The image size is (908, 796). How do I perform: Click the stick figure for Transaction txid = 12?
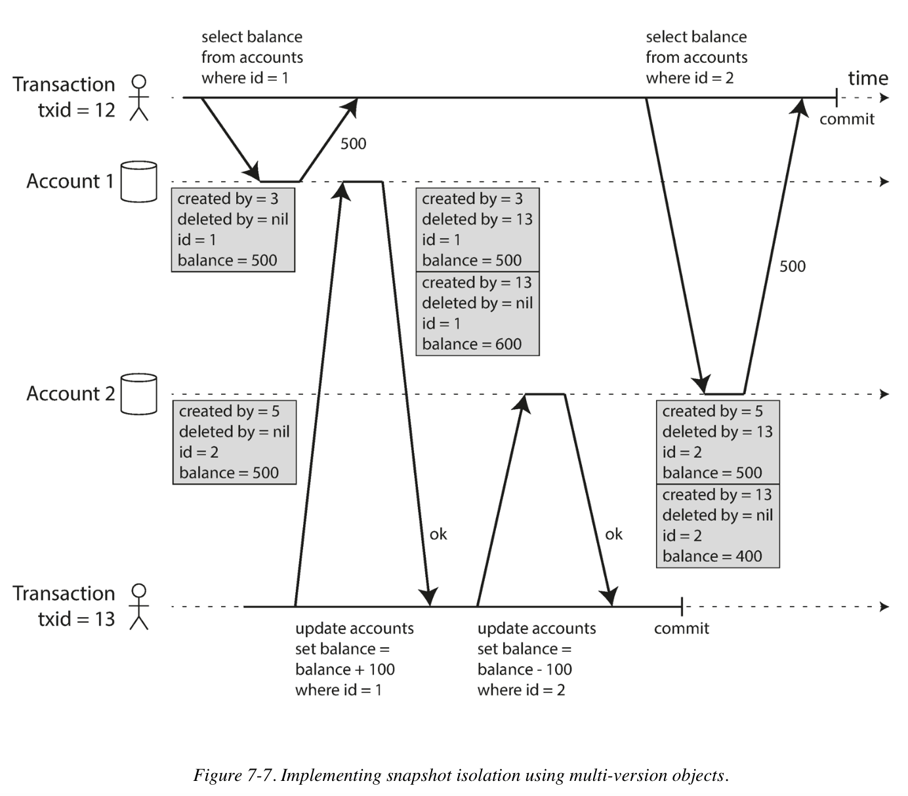[138, 98]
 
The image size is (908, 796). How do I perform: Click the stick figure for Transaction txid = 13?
[138, 607]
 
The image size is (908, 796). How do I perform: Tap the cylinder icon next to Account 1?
[139, 181]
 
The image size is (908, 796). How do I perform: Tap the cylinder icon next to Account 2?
[139, 394]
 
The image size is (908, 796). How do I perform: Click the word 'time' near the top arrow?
[867, 79]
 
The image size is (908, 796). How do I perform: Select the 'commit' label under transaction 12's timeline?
[847, 119]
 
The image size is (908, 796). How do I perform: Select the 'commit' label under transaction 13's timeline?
[681, 629]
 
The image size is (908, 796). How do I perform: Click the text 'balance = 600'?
[471, 344]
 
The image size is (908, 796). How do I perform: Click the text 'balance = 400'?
[712, 557]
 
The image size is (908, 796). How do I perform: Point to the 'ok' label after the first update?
[438, 534]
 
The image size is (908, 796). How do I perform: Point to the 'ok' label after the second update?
[613, 534]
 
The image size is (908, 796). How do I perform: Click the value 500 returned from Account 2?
[792, 266]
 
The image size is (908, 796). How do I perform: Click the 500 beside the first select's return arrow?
[353, 144]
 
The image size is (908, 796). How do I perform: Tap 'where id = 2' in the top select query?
[689, 78]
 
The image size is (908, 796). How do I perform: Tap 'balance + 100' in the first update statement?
[344, 669]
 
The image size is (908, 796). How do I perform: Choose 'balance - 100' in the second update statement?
[524, 669]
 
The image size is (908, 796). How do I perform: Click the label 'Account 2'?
[70, 394]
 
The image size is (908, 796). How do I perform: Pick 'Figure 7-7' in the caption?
[232, 776]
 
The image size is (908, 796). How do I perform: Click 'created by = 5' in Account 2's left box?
[229, 411]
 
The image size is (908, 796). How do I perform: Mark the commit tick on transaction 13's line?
[682, 607]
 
